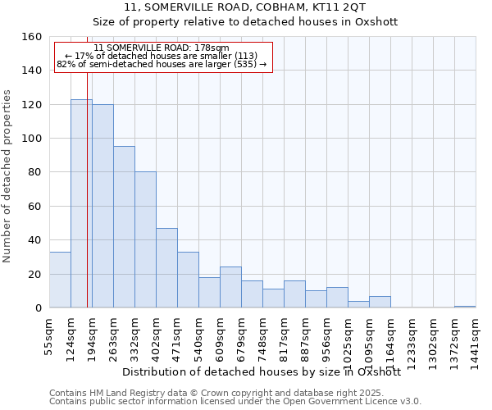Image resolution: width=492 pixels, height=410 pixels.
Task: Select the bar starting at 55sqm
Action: [60, 280]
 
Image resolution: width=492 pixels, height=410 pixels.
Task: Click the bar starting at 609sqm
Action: [230, 287]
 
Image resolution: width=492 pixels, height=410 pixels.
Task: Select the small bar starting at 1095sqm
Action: [380, 302]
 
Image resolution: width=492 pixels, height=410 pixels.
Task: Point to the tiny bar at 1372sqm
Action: [465, 306]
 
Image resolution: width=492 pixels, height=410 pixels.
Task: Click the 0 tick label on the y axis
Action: [38, 307]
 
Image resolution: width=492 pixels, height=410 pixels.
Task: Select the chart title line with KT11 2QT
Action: [245, 7]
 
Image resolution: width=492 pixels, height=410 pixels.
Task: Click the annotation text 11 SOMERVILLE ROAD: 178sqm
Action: [162, 48]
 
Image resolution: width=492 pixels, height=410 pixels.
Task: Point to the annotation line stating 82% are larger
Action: [162, 64]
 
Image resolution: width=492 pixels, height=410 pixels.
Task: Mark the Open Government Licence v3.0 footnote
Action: [235, 401]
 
